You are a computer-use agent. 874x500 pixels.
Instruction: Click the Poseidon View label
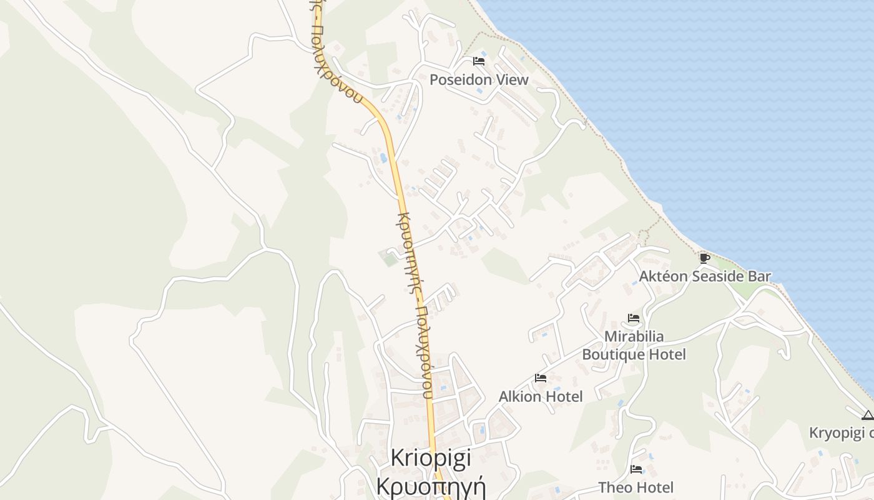pos(479,79)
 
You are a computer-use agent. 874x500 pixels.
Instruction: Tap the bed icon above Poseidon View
pos(479,61)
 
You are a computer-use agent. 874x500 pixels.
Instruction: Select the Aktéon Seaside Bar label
pos(705,276)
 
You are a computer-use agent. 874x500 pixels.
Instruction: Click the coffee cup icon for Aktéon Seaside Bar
pos(705,258)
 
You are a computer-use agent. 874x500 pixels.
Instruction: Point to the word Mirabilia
pos(634,337)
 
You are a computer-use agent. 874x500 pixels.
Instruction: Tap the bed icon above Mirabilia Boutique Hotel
pos(634,318)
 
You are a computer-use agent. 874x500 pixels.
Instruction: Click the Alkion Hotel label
pos(541,396)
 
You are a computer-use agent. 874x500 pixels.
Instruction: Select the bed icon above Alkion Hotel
pos(541,378)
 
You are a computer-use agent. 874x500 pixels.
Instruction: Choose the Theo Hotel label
pos(636,487)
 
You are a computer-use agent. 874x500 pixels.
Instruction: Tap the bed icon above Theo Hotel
pos(636,469)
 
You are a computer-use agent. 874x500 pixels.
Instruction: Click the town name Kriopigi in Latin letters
pos(431,457)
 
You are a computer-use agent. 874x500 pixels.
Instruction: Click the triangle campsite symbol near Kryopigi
pos(867,415)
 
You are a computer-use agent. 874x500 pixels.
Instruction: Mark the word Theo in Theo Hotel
pos(614,487)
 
